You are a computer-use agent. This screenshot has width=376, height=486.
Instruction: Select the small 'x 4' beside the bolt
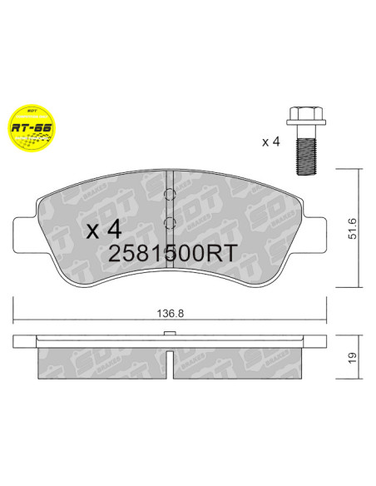click(270, 142)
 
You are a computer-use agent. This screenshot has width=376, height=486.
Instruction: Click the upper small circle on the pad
click(169, 197)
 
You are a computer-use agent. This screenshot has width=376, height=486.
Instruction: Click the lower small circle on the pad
click(169, 222)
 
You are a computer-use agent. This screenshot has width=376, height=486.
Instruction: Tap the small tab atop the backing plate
click(169, 335)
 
